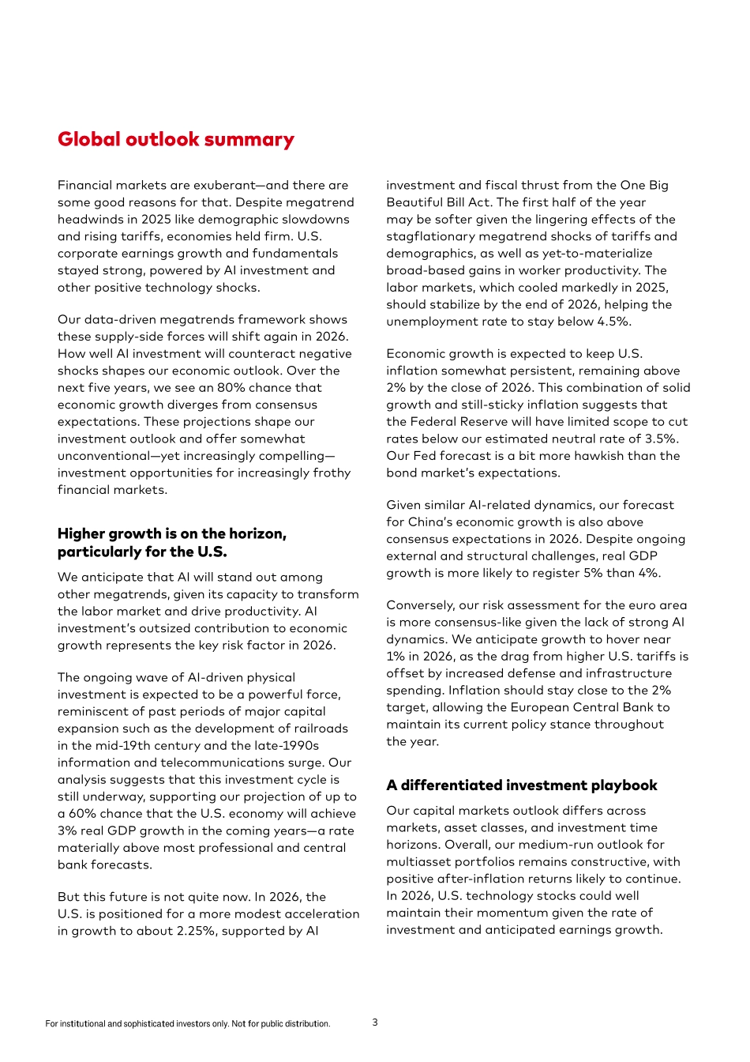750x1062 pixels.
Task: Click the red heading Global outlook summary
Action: (x=175, y=140)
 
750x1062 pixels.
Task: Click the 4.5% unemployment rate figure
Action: (x=614, y=322)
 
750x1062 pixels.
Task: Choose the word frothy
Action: (x=332, y=473)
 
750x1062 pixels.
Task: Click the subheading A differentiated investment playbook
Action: (x=521, y=785)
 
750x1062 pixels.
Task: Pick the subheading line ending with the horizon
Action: (x=171, y=534)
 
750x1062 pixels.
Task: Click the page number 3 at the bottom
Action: (x=375, y=1022)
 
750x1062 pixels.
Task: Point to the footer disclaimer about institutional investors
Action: (x=188, y=1024)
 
